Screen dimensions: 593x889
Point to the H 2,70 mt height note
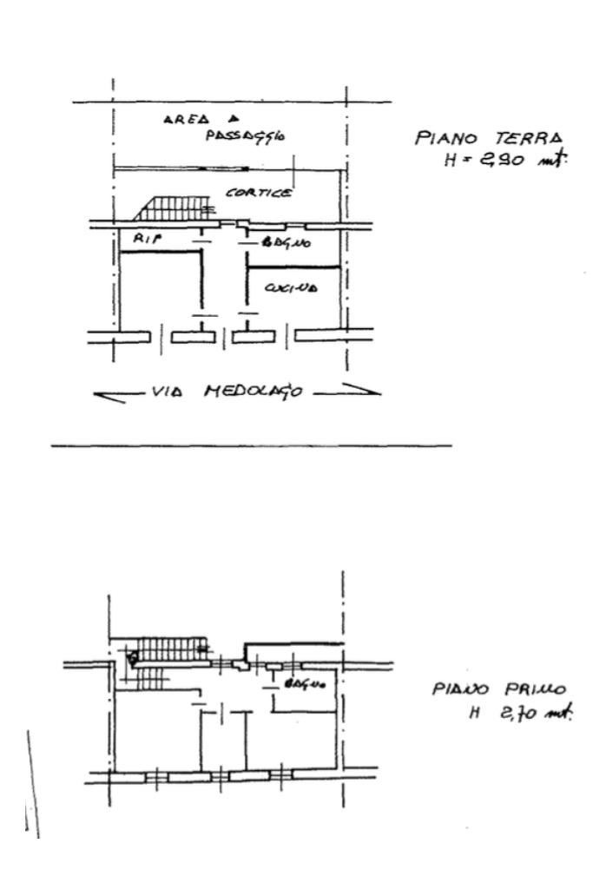pos(520,714)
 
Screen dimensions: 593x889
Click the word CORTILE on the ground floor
pos(258,193)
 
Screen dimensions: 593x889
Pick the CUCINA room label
pos(295,290)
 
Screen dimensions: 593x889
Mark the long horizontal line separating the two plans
pos(252,446)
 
